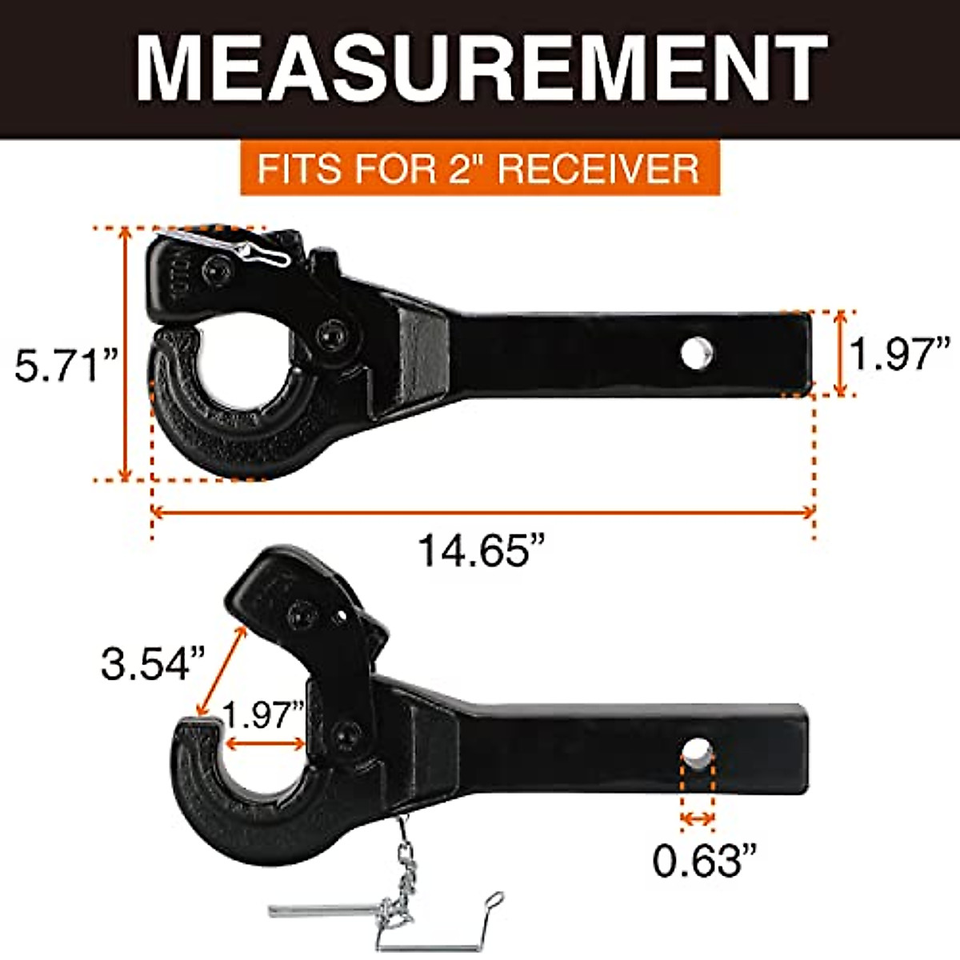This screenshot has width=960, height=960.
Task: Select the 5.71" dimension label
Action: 66,367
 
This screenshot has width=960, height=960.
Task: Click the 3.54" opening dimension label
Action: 153,663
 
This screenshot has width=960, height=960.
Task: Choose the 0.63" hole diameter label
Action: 704,860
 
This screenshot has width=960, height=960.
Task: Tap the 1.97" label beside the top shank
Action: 899,353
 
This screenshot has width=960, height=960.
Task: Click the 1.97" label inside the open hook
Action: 264,714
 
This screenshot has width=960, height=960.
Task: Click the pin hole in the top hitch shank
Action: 697,353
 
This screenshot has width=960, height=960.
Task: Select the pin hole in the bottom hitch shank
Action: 697,755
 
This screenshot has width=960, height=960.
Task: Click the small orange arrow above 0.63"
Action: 697,818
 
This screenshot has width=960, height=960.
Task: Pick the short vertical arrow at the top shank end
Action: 840,353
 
